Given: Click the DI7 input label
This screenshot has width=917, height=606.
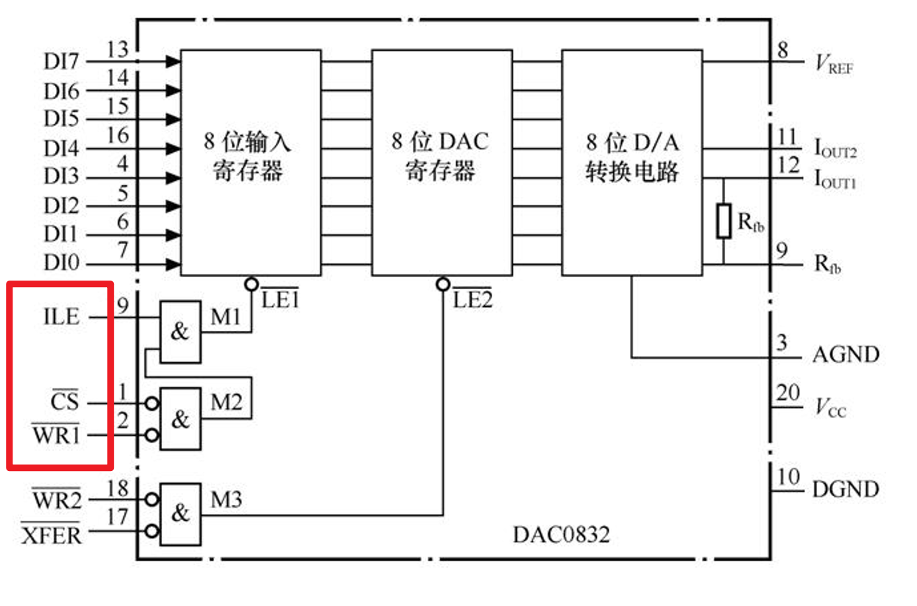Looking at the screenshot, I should point(61,62).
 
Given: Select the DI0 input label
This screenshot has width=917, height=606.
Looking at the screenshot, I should point(61,263).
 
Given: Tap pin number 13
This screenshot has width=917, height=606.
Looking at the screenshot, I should point(117,49).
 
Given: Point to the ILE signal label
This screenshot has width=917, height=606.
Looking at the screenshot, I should point(61,317).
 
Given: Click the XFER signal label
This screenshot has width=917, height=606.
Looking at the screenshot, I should point(52,535).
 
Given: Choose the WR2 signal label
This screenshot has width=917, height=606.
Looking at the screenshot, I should point(57,500).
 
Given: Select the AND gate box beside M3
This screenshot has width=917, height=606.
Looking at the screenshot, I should point(181,513).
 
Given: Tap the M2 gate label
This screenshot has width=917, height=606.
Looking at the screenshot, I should point(226,402).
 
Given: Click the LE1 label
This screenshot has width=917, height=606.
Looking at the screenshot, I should point(280,300).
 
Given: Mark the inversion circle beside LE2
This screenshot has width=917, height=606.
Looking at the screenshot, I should point(443,284).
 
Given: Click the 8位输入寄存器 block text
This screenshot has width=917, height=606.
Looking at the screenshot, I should point(248,156).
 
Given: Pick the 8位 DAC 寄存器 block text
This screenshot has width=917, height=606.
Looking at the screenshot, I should point(440,156).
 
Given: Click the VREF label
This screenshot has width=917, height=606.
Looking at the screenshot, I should point(834,65).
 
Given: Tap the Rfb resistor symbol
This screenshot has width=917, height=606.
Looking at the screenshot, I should point(724,221).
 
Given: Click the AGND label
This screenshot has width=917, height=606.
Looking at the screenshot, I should point(846,355).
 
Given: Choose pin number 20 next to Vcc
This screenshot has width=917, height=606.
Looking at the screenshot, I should point(788,393).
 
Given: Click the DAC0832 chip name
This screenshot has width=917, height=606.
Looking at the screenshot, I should point(561,535).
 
